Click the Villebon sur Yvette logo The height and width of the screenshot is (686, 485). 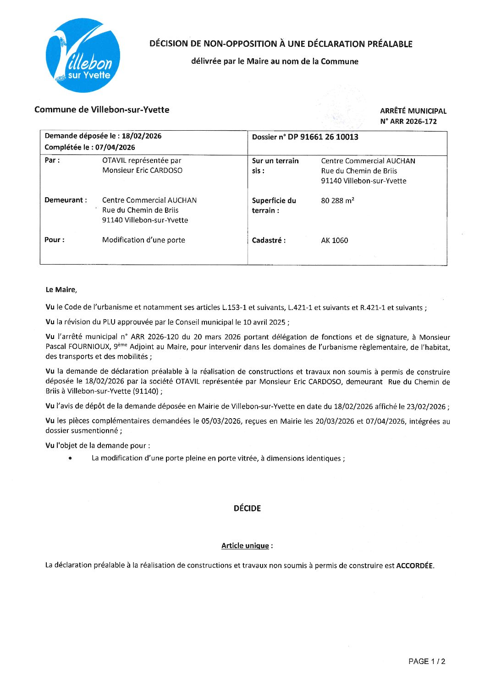[83, 55]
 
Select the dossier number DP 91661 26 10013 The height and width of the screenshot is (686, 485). [323, 137]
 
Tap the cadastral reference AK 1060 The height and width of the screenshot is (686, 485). [334, 240]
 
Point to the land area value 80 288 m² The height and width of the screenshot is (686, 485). [337, 201]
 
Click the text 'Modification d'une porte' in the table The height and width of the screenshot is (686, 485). [143, 240]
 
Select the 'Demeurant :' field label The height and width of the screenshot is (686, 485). [66, 200]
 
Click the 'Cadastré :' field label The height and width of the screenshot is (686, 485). [269, 240]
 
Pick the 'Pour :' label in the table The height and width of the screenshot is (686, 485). [54, 240]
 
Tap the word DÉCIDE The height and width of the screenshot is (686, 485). [247, 508]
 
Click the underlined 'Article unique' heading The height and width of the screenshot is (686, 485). [245, 546]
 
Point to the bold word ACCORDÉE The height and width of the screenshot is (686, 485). [414, 565]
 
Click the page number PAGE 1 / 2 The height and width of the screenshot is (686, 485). [426, 661]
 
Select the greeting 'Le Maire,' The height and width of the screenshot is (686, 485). [61, 290]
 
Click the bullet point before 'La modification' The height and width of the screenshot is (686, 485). [70, 458]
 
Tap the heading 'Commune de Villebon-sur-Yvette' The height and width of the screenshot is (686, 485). [102, 110]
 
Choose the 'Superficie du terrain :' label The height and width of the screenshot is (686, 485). [274, 205]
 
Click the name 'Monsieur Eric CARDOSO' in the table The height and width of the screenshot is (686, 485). [142, 171]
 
